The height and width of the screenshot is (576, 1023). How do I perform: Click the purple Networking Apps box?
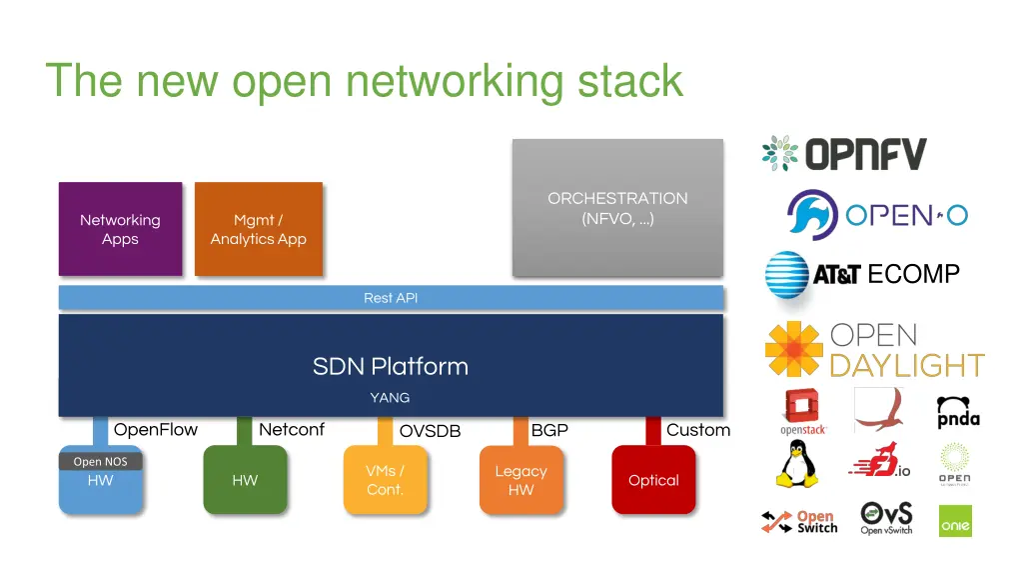pyautogui.click(x=120, y=229)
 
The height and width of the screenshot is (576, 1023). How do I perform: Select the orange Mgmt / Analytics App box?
pyautogui.click(x=258, y=229)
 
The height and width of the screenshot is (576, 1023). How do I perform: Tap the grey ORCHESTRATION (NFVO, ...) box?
pyautogui.click(x=617, y=208)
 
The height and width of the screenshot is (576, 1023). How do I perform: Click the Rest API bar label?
pyautogui.click(x=391, y=298)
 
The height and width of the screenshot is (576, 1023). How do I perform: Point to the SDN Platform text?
pyautogui.click(x=391, y=366)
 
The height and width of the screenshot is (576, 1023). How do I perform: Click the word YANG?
pyautogui.click(x=390, y=397)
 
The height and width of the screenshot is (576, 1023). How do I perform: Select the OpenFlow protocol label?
pyautogui.click(x=156, y=430)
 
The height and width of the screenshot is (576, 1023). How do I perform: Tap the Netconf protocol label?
pyautogui.click(x=292, y=430)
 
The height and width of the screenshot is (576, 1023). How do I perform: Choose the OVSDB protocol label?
pyautogui.click(x=431, y=431)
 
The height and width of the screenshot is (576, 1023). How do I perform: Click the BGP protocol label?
pyautogui.click(x=549, y=430)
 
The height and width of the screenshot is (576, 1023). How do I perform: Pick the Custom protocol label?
pyautogui.click(x=698, y=430)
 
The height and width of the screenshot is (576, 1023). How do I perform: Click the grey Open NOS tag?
pyautogui.click(x=101, y=462)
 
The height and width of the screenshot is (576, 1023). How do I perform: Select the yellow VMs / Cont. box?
pyautogui.click(x=385, y=480)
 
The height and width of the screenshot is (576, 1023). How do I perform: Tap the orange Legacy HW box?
pyautogui.click(x=520, y=481)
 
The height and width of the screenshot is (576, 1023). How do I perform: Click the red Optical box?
pyautogui.click(x=653, y=481)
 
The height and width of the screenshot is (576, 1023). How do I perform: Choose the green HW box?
pyautogui.click(x=245, y=481)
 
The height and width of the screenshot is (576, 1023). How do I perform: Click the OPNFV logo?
pyautogui.click(x=844, y=154)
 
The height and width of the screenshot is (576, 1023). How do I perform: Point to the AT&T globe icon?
pyautogui.click(x=786, y=274)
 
